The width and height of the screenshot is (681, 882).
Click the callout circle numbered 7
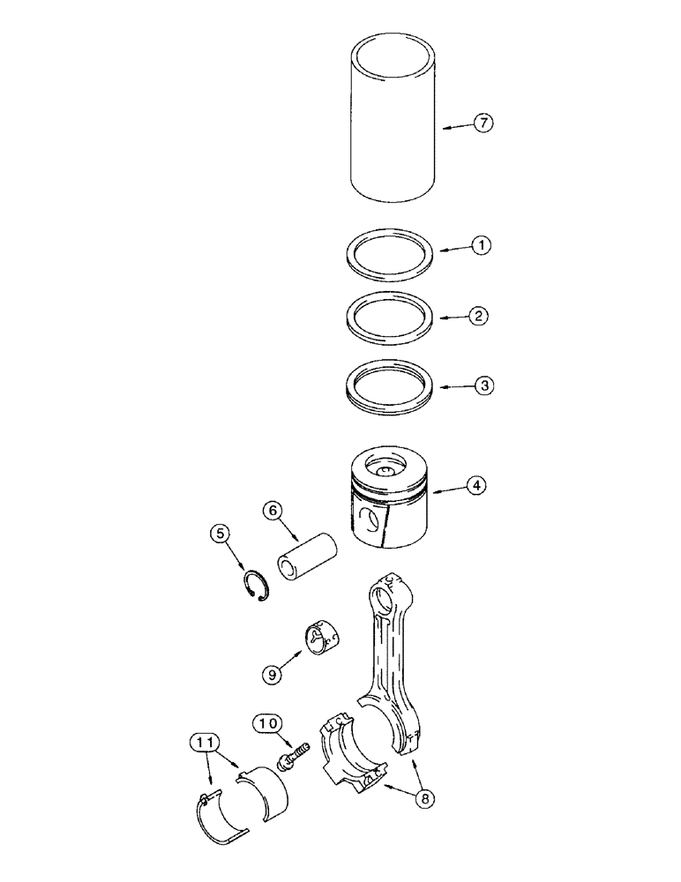click(483, 123)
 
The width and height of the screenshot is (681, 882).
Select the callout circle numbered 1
click(481, 247)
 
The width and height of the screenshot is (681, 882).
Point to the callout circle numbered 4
click(476, 484)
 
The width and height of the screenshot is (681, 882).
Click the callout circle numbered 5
click(220, 533)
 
